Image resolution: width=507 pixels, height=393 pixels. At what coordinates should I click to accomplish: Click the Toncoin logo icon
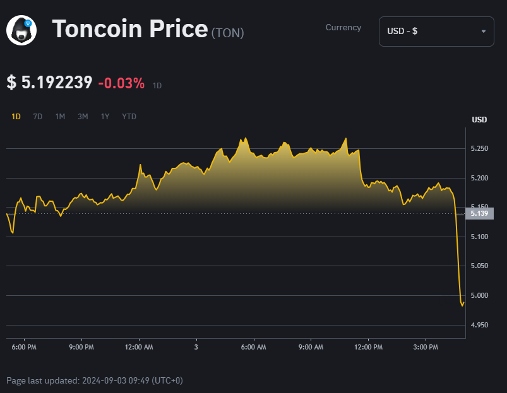21,30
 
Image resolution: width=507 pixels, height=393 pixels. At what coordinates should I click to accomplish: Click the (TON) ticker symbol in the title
227,32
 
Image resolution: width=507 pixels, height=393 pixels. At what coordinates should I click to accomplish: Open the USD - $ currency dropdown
436,32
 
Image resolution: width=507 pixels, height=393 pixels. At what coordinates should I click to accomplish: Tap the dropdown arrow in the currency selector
484,32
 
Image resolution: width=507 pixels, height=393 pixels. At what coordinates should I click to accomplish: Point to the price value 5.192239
57,83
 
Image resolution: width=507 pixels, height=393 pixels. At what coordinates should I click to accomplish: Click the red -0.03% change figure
121,83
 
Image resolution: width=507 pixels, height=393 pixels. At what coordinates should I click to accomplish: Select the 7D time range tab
38,117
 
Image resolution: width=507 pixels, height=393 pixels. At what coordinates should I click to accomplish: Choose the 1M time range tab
60,117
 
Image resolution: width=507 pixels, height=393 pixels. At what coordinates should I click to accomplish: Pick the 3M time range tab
83,117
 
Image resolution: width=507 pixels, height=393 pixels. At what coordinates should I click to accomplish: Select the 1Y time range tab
105,117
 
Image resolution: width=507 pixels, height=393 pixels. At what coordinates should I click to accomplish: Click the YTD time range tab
129,117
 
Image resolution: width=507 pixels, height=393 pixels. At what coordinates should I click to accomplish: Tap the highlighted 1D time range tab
16,117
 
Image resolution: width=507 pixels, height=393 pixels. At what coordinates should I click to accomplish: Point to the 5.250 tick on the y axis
479,148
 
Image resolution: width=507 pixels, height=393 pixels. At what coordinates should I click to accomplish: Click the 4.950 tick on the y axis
479,325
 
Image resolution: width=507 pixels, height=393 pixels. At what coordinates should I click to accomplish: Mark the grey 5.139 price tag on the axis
479,213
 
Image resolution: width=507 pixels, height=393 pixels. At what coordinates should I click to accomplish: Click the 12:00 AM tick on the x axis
139,347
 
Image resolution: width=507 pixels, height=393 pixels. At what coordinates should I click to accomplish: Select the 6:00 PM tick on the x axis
24,347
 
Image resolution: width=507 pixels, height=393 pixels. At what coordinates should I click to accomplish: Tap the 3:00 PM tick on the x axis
426,347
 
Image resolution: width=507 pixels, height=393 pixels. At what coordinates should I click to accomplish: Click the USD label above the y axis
479,120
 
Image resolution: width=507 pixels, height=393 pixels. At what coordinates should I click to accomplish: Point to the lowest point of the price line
462,306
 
